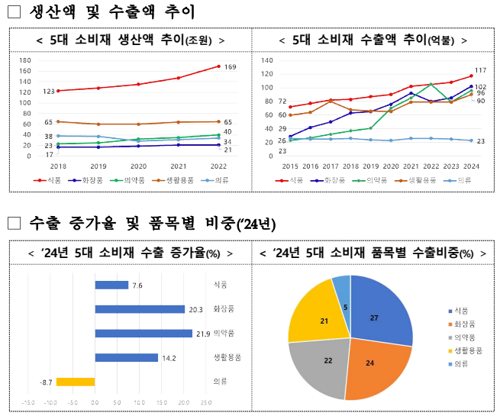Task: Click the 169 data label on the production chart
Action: click(x=230, y=67)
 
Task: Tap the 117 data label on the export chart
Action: click(x=480, y=70)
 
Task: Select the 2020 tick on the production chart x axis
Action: click(x=138, y=165)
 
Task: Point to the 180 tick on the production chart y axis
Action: click(x=25, y=60)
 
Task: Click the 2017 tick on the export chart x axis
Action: click(x=331, y=165)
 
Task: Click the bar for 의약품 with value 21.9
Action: click(x=143, y=333)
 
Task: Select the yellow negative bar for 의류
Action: click(x=76, y=381)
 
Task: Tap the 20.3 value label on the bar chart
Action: click(x=195, y=309)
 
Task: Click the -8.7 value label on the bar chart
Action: click(x=46, y=381)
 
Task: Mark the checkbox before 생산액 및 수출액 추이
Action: click(x=14, y=12)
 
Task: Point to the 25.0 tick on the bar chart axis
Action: click(x=205, y=401)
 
